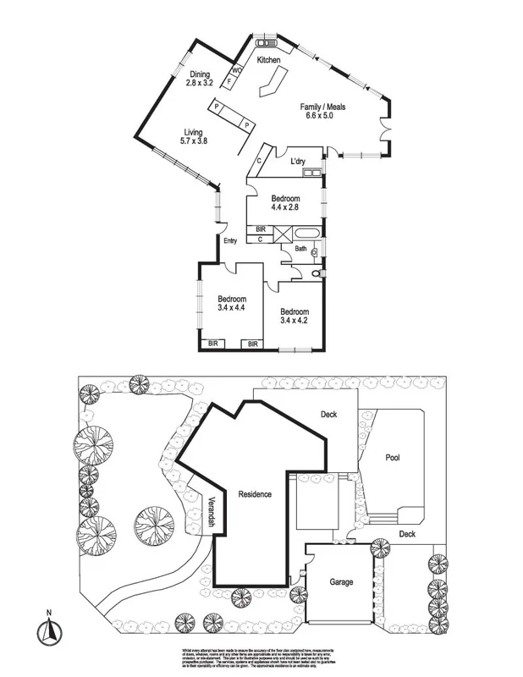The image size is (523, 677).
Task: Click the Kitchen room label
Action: (x=268, y=60)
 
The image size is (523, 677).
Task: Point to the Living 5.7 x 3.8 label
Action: (x=193, y=136)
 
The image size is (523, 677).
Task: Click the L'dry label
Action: (x=298, y=161)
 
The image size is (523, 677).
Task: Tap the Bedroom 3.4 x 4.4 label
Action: (x=231, y=304)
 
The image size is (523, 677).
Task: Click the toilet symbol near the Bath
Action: (x=317, y=274)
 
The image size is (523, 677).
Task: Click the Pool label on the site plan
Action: (x=393, y=458)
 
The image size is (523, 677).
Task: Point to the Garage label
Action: (x=341, y=583)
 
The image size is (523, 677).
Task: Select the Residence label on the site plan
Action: (x=255, y=493)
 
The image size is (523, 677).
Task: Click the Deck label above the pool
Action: (x=329, y=415)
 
